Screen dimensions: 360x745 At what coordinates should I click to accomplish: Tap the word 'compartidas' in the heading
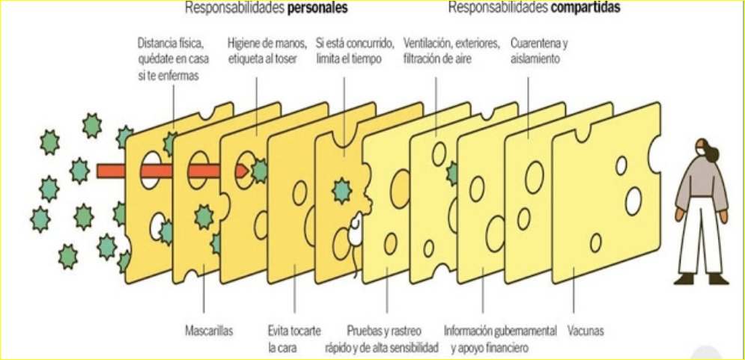point(586,7)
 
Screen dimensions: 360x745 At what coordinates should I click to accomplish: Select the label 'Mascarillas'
point(207,330)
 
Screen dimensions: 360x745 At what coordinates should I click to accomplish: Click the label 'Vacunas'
point(586,330)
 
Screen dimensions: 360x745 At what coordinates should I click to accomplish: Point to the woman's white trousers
point(701,240)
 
